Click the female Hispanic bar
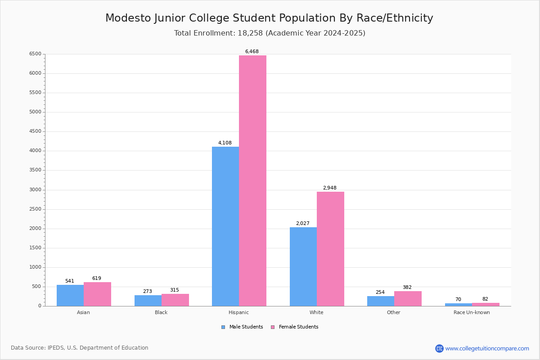pos(252,180)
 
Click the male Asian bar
pos(70,295)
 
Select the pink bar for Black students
pos(175,300)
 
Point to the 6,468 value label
pos(252,52)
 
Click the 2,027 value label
pos(303,224)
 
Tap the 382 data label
pos(407,288)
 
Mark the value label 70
pos(458,300)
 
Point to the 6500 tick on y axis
pos(35,54)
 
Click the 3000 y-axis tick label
pos(35,190)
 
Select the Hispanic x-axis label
pos(238,312)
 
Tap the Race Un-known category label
pos(472,312)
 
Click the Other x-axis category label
pos(393,312)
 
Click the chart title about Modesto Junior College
pos(269,18)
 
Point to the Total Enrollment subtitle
pos(270,33)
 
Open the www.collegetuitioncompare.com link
pos(487,348)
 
